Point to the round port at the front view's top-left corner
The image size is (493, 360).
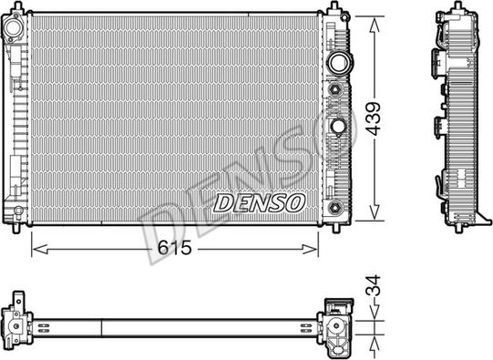pos(15,29)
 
